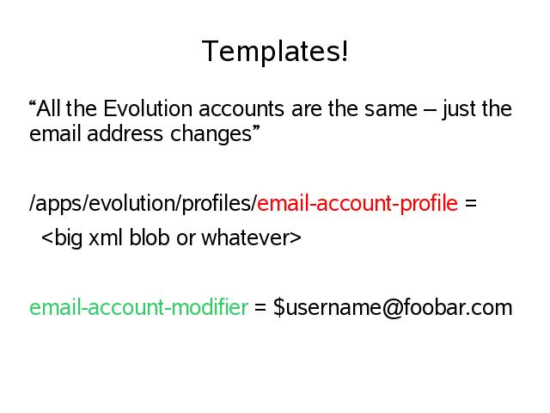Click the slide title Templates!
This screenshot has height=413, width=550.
pos(275,52)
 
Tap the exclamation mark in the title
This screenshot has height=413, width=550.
pos(345,51)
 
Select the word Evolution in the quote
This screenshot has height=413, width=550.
pos(148,108)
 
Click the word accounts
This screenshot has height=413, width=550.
pos(241,109)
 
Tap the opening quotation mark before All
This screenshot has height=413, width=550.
pos(33,103)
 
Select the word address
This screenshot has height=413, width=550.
pos(125,134)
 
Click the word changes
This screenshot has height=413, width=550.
pos(211,135)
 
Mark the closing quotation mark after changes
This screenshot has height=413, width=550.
pos(256,128)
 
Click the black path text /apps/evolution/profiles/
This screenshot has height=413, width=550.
pos(144,204)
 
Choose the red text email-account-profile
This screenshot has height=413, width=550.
pos(357,203)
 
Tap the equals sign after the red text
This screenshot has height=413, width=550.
pos(471,204)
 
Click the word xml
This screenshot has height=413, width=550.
pos(105,237)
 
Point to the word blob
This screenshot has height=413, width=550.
pos(150,237)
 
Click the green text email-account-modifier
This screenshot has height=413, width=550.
pos(139,307)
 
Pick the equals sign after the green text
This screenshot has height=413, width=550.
pos(260,308)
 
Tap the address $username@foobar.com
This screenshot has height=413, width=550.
pos(393,308)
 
